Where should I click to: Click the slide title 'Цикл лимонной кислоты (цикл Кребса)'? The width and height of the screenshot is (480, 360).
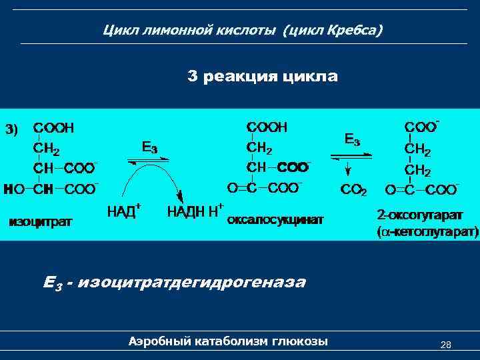[x=243, y=31]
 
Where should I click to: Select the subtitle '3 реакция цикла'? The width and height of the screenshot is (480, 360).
[x=263, y=77]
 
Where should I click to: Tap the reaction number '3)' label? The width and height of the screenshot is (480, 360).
[x=13, y=129]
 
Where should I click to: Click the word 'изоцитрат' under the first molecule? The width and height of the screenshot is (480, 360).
[x=41, y=220]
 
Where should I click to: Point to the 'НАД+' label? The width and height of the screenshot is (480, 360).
[x=123, y=211]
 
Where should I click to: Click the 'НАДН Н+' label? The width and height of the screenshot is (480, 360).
[x=194, y=211]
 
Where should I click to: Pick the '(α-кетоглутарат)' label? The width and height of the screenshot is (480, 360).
[x=427, y=233]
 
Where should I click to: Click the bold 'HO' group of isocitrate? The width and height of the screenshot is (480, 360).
[x=13, y=189]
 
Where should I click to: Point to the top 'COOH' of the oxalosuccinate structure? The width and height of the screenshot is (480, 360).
[x=267, y=127]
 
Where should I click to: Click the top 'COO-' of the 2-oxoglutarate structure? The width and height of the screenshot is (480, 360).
[x=422, y=127]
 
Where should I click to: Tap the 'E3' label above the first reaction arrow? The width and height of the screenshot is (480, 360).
[x=150, y=147]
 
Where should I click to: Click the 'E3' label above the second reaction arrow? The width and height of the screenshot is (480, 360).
[x=352, y=140]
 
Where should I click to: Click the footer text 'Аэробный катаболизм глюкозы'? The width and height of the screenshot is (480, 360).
[x=228, y=342]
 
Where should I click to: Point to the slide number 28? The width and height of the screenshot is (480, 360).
[x=446, y=345]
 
